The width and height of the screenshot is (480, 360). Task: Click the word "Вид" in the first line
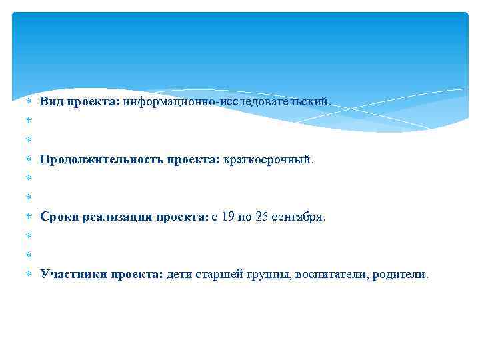50,102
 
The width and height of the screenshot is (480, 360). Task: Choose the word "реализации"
117,217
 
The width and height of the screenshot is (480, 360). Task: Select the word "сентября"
299,217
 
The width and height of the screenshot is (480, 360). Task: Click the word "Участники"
73,274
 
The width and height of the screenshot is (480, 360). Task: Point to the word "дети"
179,274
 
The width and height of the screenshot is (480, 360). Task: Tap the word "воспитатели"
329,274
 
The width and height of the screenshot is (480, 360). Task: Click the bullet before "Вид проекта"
29,102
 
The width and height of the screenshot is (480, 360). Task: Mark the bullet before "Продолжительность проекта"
29,159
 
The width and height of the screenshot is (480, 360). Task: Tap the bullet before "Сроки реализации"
29,217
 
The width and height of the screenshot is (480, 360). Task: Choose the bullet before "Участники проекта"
29,274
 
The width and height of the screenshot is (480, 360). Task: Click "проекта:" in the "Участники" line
137,274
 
